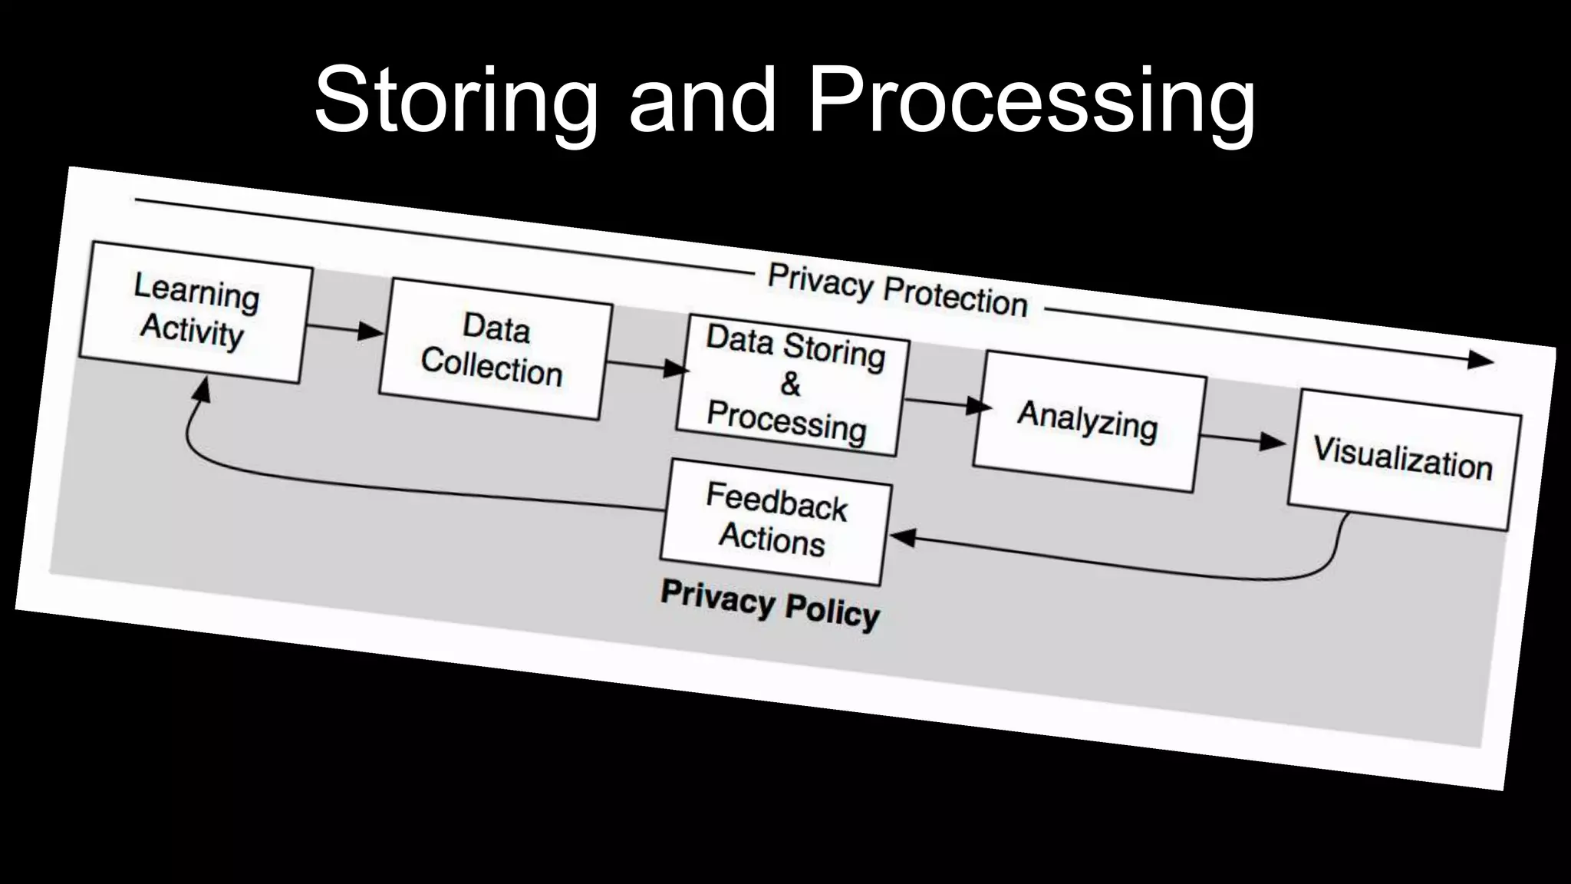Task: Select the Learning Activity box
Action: point(196,312)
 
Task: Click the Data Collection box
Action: point(496,349)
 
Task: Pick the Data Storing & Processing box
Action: point(793,384)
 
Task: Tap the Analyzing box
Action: point(1088,421)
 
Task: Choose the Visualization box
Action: point(1404,460)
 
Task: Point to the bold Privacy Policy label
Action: point(770,605)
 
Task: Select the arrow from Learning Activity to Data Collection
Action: point(346,330)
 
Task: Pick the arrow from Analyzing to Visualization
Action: point(1243,440)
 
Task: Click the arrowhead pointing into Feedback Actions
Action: point(902,538)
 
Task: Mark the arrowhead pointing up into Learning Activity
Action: point(201,390)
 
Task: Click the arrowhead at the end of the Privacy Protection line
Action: point(1480,360)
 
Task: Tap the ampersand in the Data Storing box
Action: point(790,384)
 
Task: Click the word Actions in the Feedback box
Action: point(772,539)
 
